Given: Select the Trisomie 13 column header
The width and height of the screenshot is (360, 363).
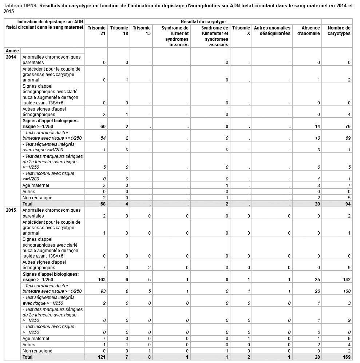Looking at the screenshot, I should [x=142, y=31].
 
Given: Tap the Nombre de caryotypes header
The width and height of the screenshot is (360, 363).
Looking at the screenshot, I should [x=339, y=31].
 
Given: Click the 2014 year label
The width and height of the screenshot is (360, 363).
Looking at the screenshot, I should [x=11, y=57].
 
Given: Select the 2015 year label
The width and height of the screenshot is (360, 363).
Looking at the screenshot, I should [x=11, y=210].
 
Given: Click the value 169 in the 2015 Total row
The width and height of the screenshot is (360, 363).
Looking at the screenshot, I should [x=347, y=357].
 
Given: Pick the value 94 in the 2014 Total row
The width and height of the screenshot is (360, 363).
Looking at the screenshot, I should [x=348, y=204].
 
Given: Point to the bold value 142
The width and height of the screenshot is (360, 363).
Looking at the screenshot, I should [x=347, y=279].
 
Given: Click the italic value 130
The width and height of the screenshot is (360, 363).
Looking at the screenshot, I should [x=347, y=291].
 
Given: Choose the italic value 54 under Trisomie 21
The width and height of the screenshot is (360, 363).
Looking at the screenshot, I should [x=103, y=138].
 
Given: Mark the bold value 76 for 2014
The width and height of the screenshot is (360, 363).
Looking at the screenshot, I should [x=348, y=126].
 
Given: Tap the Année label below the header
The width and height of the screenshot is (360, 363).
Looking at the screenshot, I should [x=12, y=51].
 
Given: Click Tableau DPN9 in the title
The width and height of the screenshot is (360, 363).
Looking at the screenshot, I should [x=20, y=6].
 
